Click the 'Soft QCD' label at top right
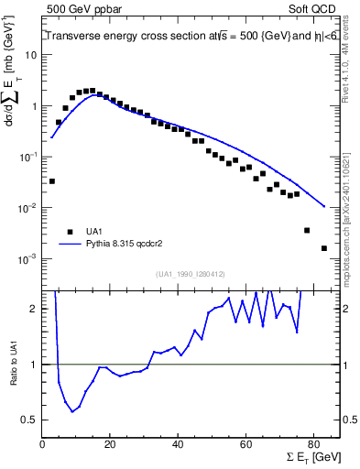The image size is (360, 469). [312, 8]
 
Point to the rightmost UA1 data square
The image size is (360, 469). [324, 248]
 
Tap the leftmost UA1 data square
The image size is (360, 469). [51, 181]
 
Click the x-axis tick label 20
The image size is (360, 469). [110, 445]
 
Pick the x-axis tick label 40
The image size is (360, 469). [178, 445]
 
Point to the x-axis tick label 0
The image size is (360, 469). [43, 445]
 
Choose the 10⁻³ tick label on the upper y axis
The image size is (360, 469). [28, 259]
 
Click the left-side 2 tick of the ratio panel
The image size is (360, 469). [34, 309]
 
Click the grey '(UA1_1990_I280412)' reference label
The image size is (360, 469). [191, 275]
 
